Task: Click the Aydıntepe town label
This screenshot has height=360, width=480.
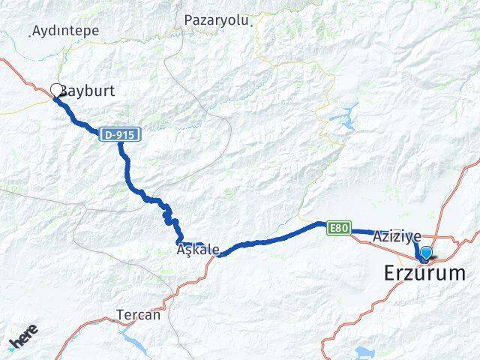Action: pyautogui.click(x=67, y=31)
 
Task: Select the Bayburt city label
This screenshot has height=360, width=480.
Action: pyautogui.click(x=88, y=92)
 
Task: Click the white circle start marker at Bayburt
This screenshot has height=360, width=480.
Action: pyautogui.click(x=56, y=91)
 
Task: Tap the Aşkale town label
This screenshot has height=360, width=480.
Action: pyautogui.click(x=199, y=250)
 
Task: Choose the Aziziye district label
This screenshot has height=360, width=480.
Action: pyautogui.click(x=396, y=236)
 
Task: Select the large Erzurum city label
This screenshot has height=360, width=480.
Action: pyautogui.click(x=424, y=273)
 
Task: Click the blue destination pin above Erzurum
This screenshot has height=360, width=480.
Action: pyautogui.click(x=427, y=253)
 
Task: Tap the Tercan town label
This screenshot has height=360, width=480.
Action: pyautogui.click(x=138, y=315)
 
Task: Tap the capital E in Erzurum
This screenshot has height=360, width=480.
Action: pyautogui.click(x=391, y=273)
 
